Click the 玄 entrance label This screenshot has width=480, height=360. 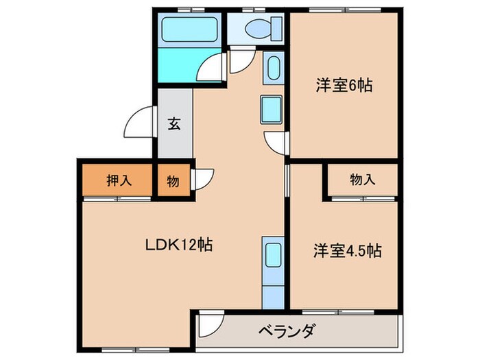point(174,125)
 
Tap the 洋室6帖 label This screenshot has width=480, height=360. point(344,86)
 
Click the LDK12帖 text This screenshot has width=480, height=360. point(178,245)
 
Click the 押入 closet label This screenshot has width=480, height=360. point(118,181)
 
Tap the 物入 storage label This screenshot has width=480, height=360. point(363,180)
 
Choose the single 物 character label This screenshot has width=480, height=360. point(173,182)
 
